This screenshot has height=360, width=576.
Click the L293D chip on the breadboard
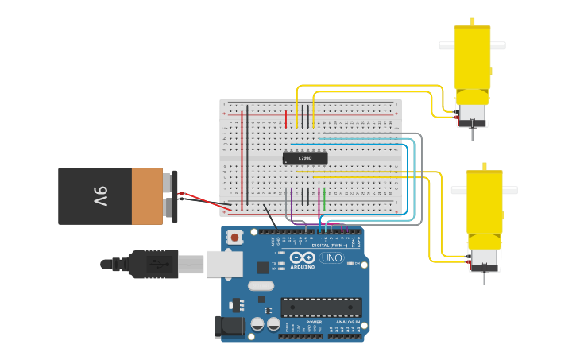304,158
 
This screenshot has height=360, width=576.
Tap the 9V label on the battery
100,195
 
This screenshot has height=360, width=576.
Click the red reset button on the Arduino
234,237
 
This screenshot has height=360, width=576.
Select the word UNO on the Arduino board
332,258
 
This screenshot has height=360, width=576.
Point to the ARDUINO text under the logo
302,267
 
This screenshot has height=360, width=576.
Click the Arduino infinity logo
302,257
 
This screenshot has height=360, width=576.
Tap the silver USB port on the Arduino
224,263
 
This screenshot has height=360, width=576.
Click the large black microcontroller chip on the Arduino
321,308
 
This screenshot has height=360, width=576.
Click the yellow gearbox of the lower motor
484,203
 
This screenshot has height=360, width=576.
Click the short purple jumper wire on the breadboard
291,203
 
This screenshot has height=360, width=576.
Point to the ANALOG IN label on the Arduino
345,322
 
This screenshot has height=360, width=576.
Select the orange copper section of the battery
147,195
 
